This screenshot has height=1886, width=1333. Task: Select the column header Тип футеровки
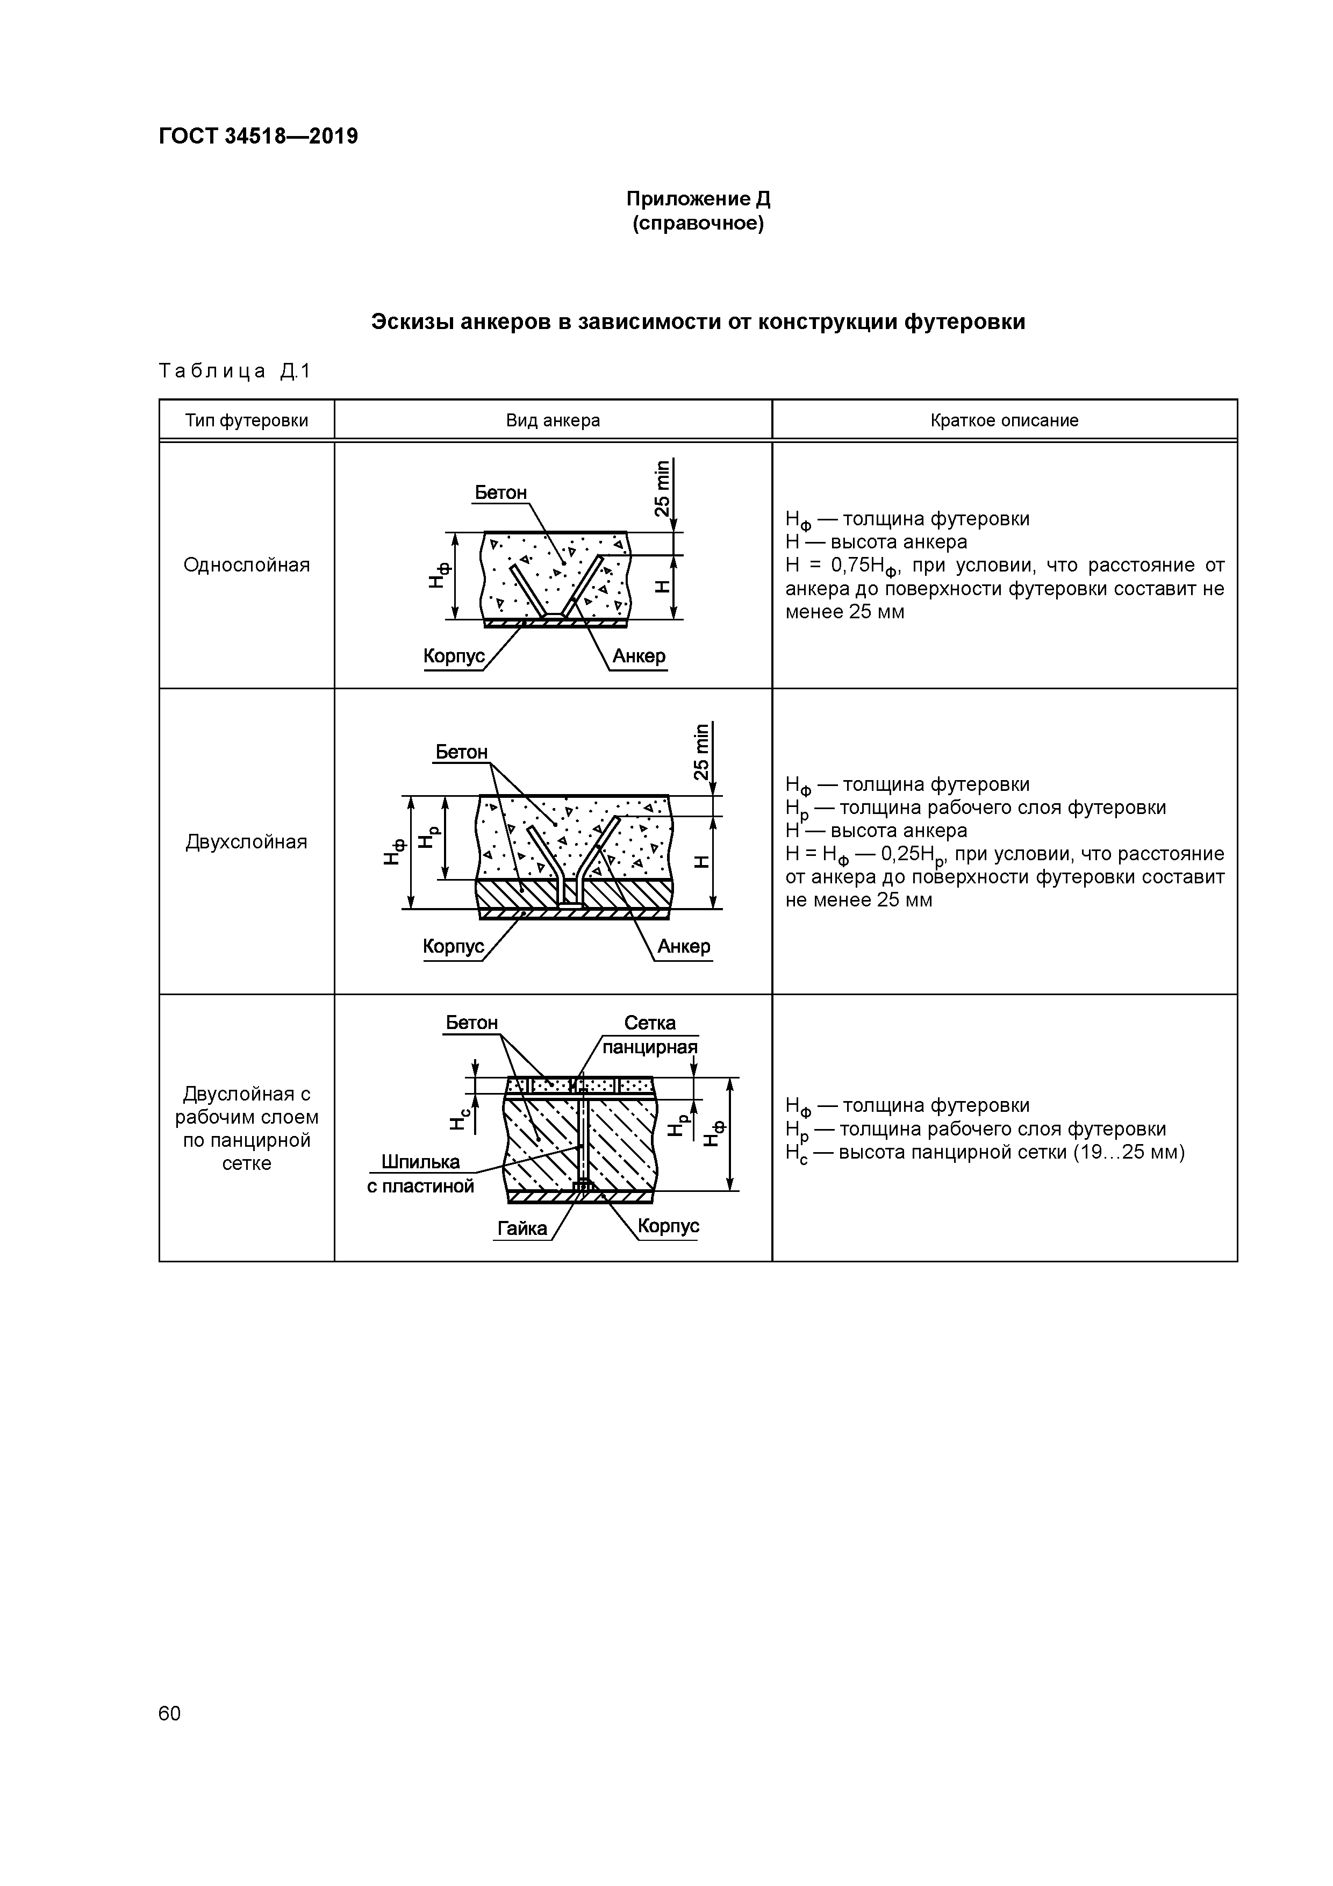246,420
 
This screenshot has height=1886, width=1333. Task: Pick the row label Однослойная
246,565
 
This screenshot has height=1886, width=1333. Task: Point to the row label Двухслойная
246,842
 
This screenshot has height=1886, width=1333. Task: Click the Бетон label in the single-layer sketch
500,493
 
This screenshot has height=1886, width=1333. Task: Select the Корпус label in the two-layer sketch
453,946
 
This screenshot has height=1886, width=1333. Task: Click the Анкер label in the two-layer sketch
683,946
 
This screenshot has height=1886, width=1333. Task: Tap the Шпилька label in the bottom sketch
420,1161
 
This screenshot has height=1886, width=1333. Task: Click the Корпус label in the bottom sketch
668,1226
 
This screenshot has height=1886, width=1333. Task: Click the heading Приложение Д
698,199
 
